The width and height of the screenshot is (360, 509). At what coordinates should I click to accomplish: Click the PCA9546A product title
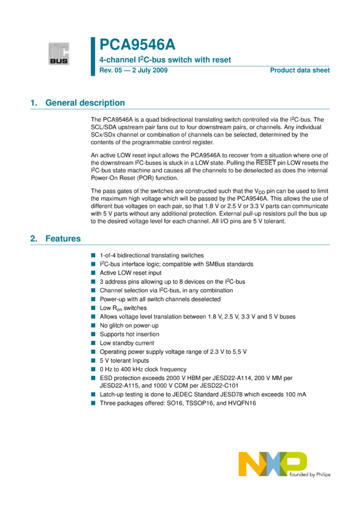click(x=137, y=45)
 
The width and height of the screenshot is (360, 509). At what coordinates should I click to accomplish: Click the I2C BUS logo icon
click(x=59, y=54)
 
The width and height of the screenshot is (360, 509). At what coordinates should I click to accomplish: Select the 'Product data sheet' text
click(x=300, y=71)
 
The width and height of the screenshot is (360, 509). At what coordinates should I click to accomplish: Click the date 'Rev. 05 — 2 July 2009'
click(x=134, y=71)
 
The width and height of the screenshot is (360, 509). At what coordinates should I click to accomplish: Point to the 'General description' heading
click(x=85, y=103)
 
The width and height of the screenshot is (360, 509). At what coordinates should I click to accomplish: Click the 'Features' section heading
click(x=63, y=239)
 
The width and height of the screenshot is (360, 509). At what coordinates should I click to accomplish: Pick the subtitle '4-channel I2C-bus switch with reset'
click(x=165, y=60)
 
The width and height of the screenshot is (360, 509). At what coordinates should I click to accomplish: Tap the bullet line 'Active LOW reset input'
click(x=131, y=272)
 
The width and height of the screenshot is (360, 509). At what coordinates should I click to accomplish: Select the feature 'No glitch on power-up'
click(x=129, y=325)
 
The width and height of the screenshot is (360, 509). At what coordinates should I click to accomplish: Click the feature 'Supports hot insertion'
click(x=129, y=334)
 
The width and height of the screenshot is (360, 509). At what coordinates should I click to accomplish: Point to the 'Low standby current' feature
click(x=126, y=343)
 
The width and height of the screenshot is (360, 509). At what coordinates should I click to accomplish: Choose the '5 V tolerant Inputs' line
click(x=125, y=360)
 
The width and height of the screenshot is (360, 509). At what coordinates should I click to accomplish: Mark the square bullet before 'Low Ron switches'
click(x=93, y=308)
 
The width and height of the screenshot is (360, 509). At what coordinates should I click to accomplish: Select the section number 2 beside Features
click(x=34, y=239)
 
